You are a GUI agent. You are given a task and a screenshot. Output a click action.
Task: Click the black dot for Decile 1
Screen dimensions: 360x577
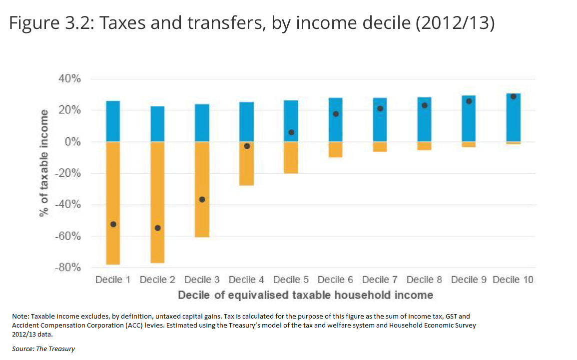click(113, 225)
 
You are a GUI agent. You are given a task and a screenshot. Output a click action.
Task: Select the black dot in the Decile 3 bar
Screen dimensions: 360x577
click(202, 200)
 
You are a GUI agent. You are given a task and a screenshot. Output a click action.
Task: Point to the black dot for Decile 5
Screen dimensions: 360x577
click(291, 132)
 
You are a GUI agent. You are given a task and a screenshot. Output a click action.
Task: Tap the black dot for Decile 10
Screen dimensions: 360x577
click(513, 96)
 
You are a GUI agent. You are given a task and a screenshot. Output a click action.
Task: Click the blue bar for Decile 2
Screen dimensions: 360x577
click(157, 124)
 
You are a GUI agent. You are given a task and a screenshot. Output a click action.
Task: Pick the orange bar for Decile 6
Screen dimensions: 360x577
click(335, 150)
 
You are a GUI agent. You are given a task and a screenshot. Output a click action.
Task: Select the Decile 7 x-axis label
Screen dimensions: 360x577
click(380, 280)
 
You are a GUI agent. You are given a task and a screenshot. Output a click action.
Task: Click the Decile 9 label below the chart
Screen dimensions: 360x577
click(469, 280)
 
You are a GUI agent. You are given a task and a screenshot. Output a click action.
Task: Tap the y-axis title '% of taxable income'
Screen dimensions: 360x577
click(44, 163)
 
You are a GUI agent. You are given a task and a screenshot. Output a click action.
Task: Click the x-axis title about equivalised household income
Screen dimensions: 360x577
click(305, 295)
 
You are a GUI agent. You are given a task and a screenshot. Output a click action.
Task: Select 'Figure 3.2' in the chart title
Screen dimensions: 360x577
click(46, 23)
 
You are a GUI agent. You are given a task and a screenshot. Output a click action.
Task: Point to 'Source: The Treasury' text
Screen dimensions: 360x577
click(43, 349)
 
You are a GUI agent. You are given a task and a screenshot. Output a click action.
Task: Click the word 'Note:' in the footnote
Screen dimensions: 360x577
click(20, 317)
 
